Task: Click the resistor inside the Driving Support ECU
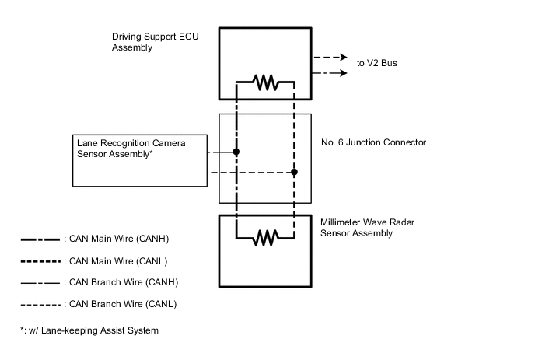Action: (x=265, y=80)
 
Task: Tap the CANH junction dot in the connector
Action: (x=236, y=152)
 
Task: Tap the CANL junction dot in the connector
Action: (x=294, y=172)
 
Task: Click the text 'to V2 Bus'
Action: (x=377, y=63)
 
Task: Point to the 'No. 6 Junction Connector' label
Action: (x=373, y=142)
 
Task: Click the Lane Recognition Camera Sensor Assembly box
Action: (x=141, y=161)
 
